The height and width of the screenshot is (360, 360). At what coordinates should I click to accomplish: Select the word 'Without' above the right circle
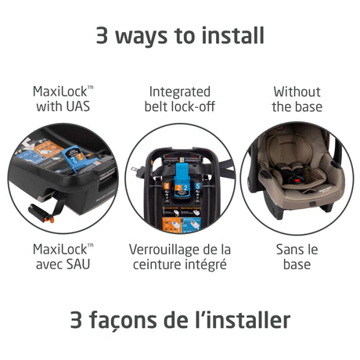tap(297, 91)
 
